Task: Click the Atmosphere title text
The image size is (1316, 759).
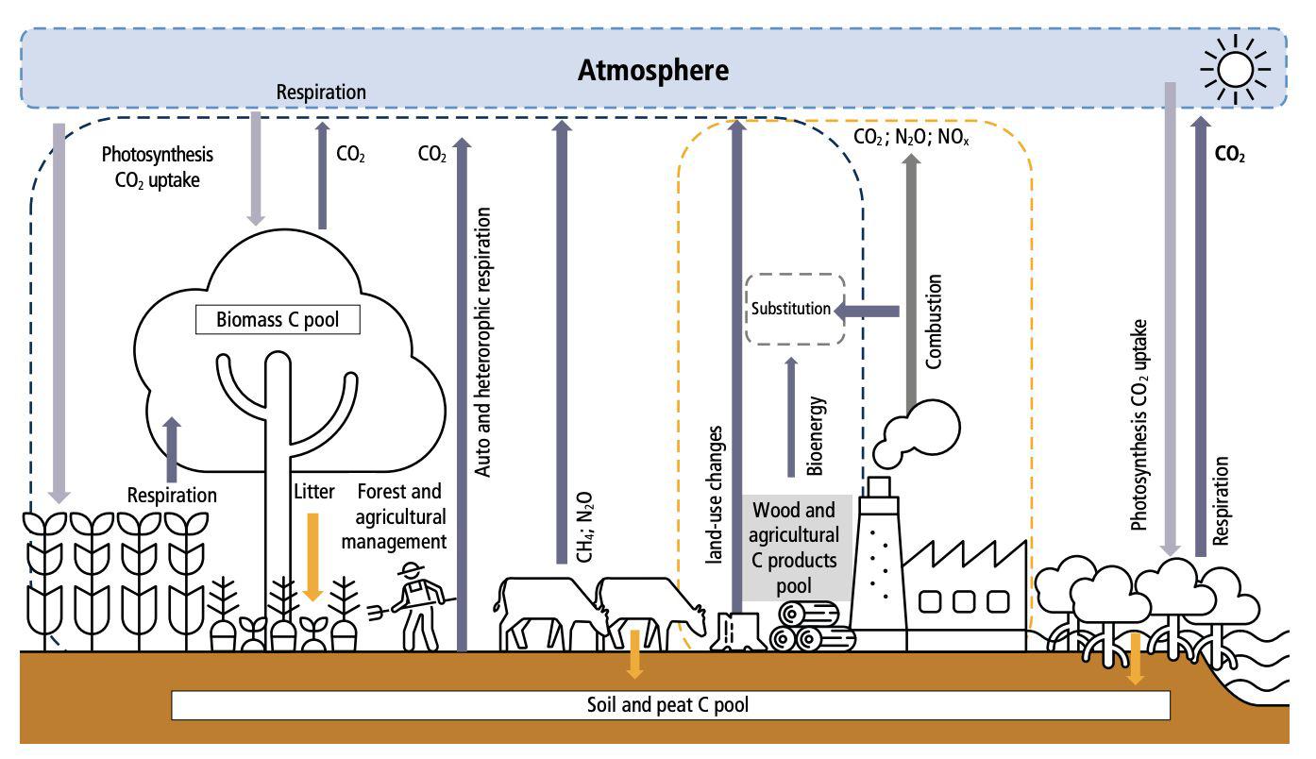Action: pyautogui.click(x=654, y=71)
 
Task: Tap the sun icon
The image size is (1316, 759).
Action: pyautogui.click(x=1235, y=68)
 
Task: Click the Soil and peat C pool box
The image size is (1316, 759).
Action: pyautogui.click(x=670, y=704)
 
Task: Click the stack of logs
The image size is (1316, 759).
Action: pyautogui.click(x=811, y=627)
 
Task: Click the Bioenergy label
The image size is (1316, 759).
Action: pyautogui.click(x=817, y=435)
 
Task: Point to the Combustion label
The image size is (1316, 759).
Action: pyautogui.click(x=935, y=322)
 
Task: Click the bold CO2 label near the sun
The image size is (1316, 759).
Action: pyautogui.click(x=1228, y=157)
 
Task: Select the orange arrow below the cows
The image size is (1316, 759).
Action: pyautogui.click(x=635, y=653)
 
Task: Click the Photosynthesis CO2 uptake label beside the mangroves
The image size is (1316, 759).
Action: pyautogui.click(x=1141, y=425)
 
